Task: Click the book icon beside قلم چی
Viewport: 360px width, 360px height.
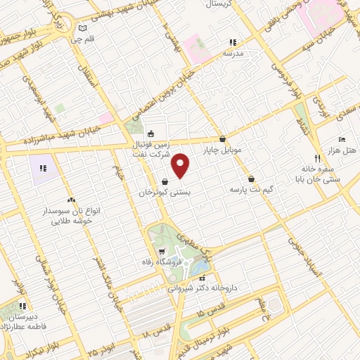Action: (84, 29)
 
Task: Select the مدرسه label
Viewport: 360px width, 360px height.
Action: (233, 53)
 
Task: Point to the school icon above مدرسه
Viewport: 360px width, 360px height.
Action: (233, 43)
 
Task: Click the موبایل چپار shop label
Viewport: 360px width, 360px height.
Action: (222, 150)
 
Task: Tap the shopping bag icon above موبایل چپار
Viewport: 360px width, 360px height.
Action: (223, 139)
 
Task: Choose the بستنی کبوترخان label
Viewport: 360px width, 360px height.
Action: (165, 191)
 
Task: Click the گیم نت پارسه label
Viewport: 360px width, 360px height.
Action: (251, 190)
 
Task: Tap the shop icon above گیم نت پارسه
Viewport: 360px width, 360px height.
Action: (251, 179)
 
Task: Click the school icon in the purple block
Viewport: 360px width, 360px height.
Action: (43, 168)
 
